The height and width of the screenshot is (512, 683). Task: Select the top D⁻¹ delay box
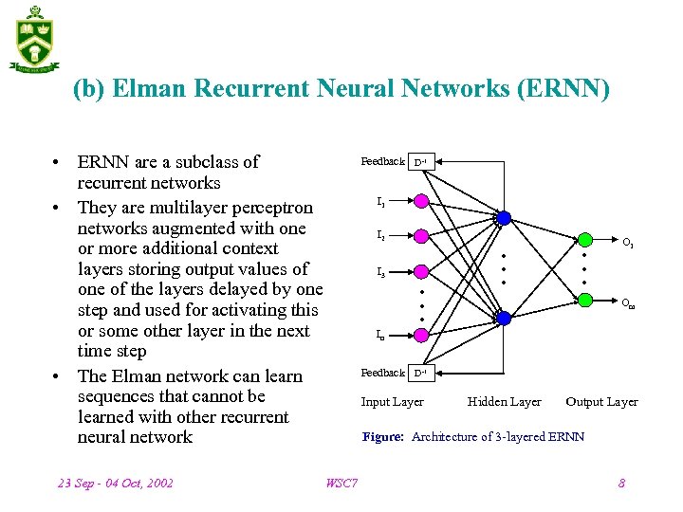(x=420, y=162)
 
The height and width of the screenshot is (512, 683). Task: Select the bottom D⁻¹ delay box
(x=420, y=373)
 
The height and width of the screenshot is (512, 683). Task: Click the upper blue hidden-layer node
(x=504, y=218)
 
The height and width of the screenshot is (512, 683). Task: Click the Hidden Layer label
(x=504, y=402)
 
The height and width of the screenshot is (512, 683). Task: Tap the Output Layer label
(x=601, y=402)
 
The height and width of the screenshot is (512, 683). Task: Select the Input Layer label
(x=392, y=402)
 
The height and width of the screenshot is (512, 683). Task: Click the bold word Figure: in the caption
(x=383, y=437)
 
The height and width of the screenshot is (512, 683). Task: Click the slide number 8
(x=621, y=484)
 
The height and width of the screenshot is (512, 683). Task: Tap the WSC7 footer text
(x=341, y=484)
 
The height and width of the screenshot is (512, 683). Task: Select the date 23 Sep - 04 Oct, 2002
(x=116, y=484)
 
